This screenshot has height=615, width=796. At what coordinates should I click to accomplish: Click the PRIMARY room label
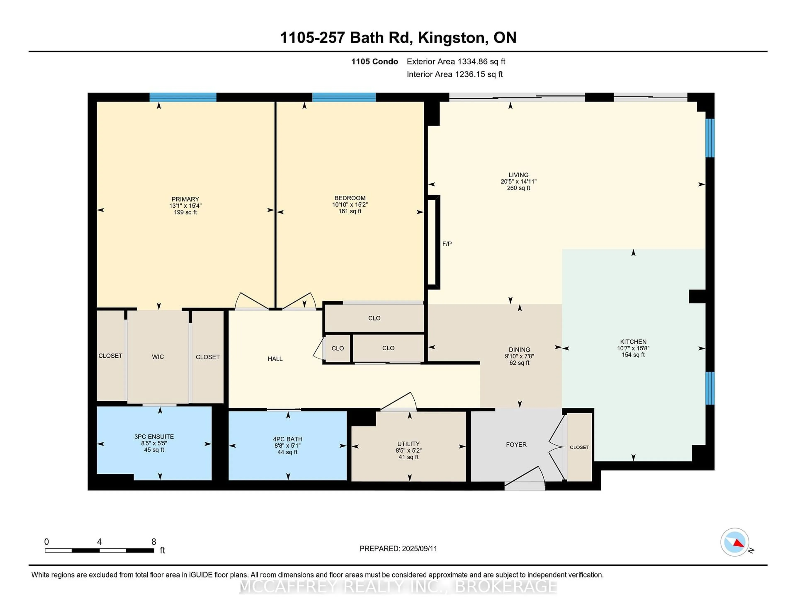pos(185,199)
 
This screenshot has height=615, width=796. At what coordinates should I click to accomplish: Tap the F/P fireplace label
pos(447,244)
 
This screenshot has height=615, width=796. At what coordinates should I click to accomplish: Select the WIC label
pos(158,357)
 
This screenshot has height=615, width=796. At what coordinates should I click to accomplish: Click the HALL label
pos(275,359)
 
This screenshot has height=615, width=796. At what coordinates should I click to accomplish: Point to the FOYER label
pos(516,444)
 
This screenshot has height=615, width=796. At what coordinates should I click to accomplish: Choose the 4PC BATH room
pos(288,445)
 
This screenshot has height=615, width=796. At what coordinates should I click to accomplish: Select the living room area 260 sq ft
pos(519,188)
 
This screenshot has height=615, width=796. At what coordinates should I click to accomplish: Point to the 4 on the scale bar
pos(99,542)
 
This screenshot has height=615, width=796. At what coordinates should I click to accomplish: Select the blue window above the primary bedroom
pos(183,97)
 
